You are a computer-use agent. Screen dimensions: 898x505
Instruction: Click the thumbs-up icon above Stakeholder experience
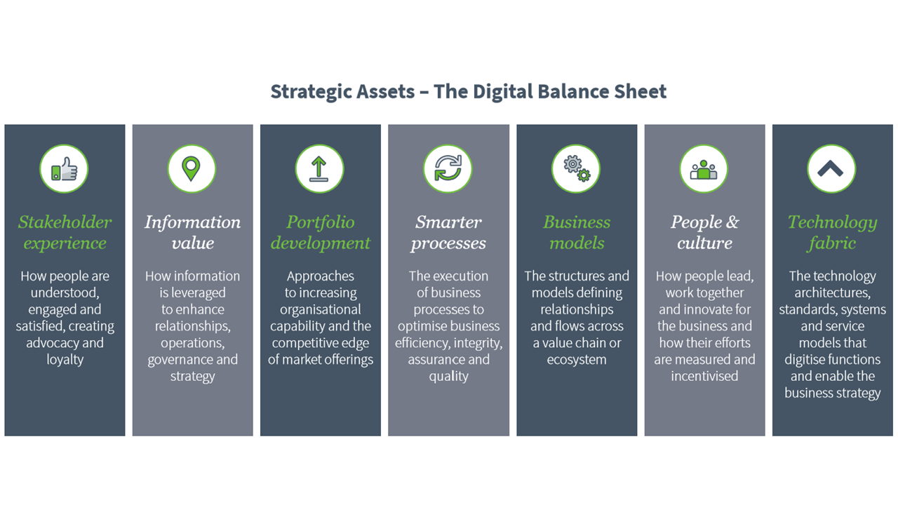pos(64,169)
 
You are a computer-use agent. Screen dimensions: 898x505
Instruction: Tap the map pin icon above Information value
pos(192,168)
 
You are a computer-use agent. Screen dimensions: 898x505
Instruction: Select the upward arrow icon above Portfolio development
pos(319,169)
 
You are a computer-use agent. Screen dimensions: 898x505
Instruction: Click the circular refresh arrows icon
pos(448,168)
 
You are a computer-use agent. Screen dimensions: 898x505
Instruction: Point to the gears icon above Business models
pos(577,169)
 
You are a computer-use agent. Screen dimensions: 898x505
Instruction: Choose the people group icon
pos(704,170)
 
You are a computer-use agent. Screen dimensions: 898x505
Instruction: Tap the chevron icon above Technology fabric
pos(831,169)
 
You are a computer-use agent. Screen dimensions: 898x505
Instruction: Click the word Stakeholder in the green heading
pos(65,222)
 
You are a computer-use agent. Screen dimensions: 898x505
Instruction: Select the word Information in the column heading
pos(192,222)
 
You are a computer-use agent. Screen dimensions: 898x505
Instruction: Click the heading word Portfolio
pos(321,222)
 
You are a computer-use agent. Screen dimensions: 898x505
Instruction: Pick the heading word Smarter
pos(448,222)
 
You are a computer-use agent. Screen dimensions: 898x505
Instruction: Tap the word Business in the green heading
pos(577,222)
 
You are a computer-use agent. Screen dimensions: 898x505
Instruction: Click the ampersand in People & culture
pos(732,222)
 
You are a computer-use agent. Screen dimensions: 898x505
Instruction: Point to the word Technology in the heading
pos(832,223)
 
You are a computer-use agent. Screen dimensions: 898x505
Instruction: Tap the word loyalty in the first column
pos(65,360)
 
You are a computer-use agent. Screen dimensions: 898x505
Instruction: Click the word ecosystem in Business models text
pos(577,360)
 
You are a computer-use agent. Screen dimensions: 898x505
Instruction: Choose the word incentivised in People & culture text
pos(704,376)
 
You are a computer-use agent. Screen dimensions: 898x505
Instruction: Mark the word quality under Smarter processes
pos(448,377)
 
